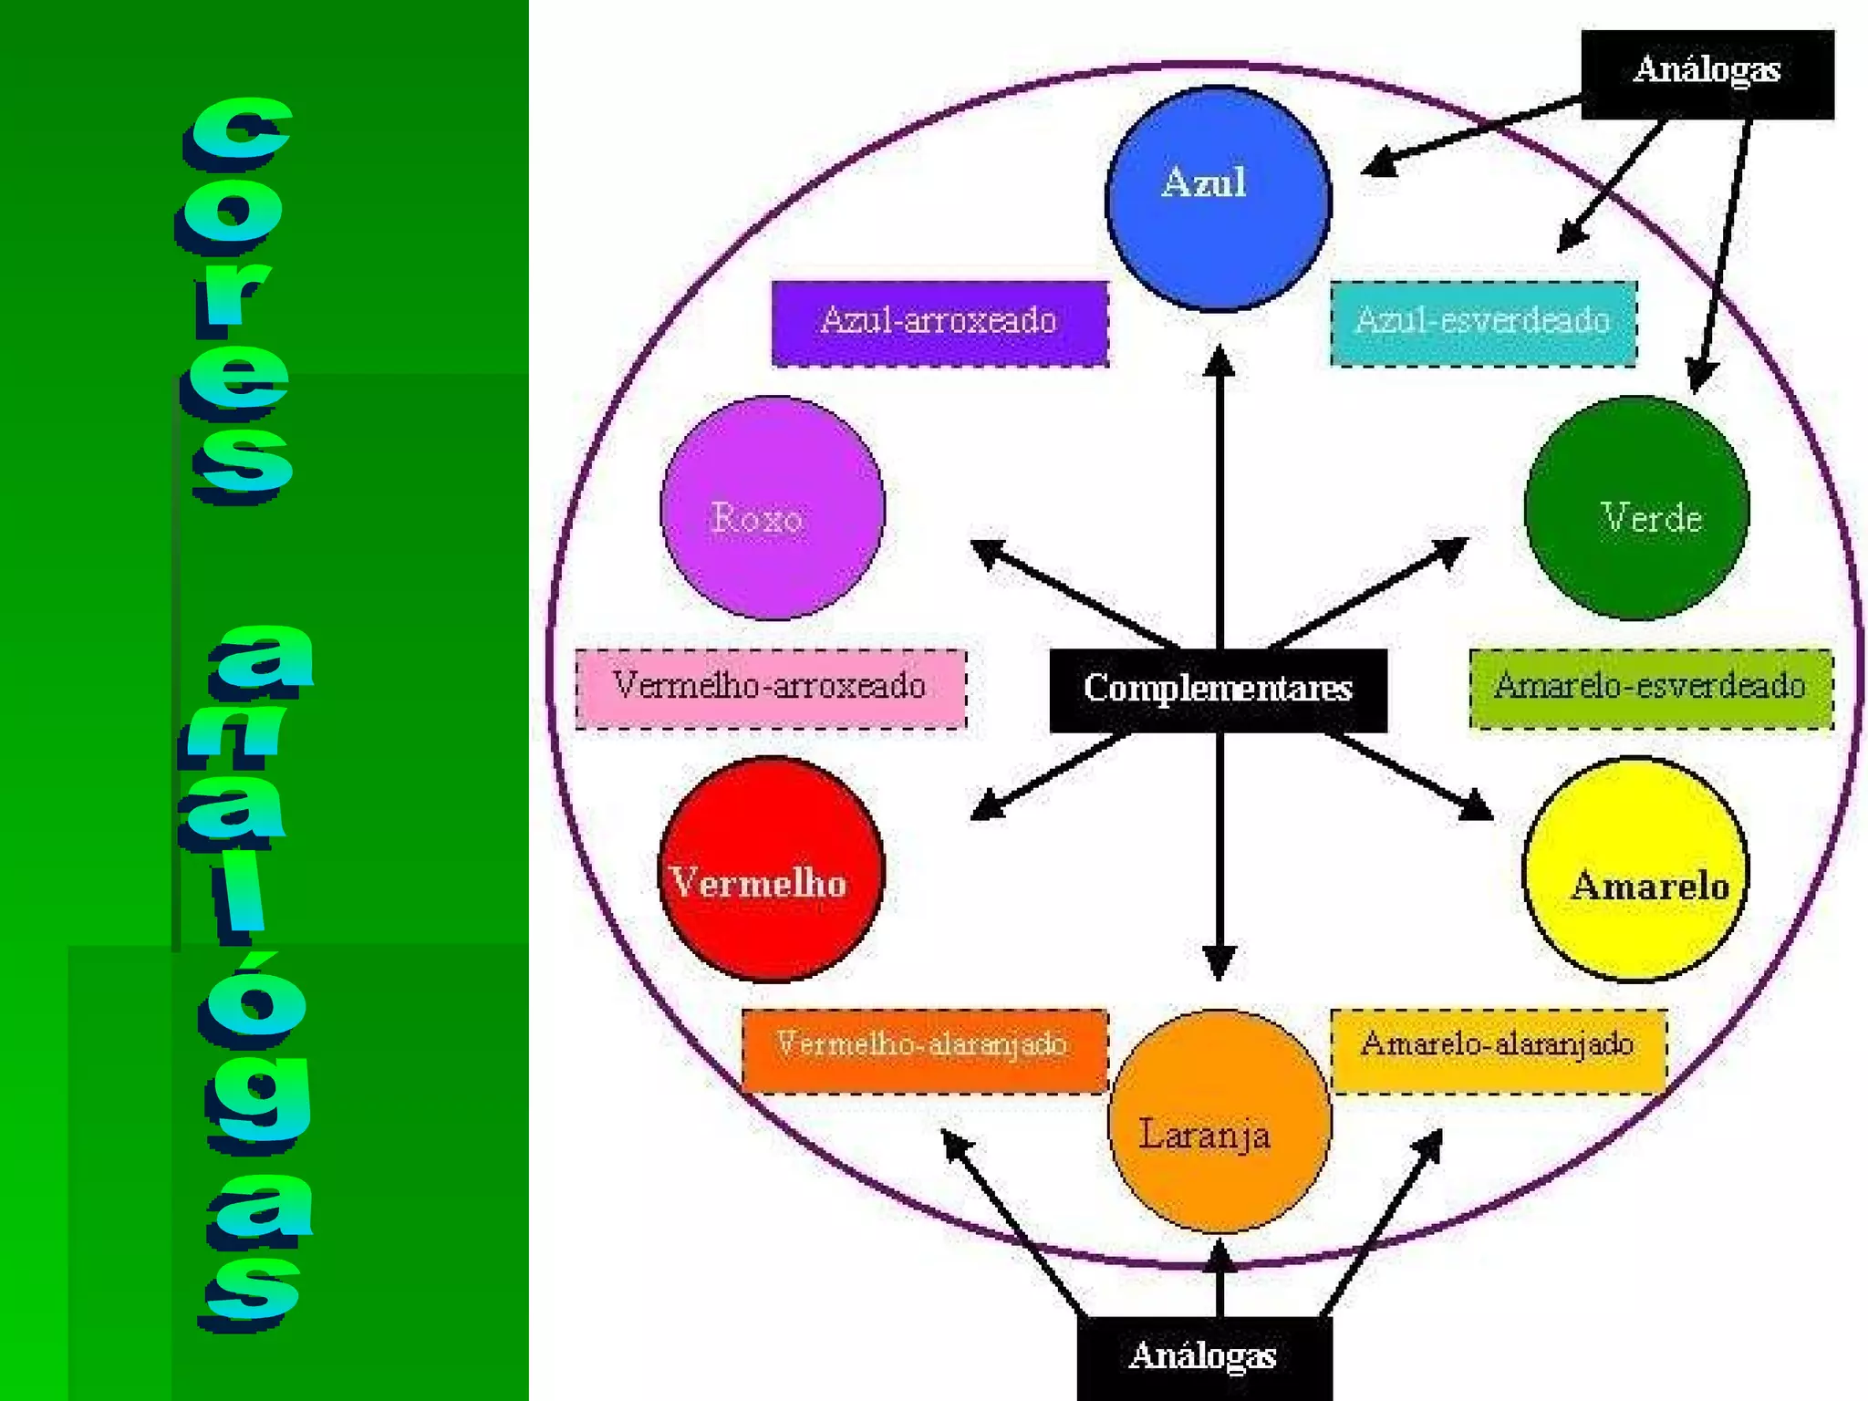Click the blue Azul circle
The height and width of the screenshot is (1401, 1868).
click(x=1218, y=199)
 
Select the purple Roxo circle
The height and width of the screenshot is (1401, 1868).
click(x=773, y=508)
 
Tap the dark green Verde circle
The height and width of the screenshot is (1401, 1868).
click(x=1636, y=508)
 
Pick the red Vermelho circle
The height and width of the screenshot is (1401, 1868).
click(x=771, y=869)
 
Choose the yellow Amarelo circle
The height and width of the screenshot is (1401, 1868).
click(x=1635, y=869)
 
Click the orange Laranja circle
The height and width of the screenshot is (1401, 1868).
click(x=1219, y=1122)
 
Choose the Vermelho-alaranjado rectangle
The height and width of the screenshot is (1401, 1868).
click(x=924, y=1050)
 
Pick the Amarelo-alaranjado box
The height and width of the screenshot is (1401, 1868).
click(x=1498, y=1050)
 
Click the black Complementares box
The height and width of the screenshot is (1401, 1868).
click(x=1218, y=690)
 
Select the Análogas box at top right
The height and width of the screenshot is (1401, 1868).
click(x=1707, y=73)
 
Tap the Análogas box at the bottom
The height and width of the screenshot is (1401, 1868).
click(x=1204, y=1357)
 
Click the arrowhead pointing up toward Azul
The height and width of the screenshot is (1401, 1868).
click(x=1219, y=361)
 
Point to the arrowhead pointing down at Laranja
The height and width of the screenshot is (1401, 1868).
click(x=1219, y=963)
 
